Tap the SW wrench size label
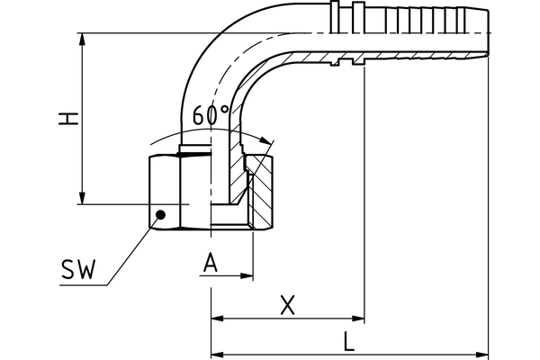81,272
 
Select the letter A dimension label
211,262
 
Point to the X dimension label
287,305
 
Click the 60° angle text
211,115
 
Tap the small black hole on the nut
160,214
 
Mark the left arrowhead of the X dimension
217,319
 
